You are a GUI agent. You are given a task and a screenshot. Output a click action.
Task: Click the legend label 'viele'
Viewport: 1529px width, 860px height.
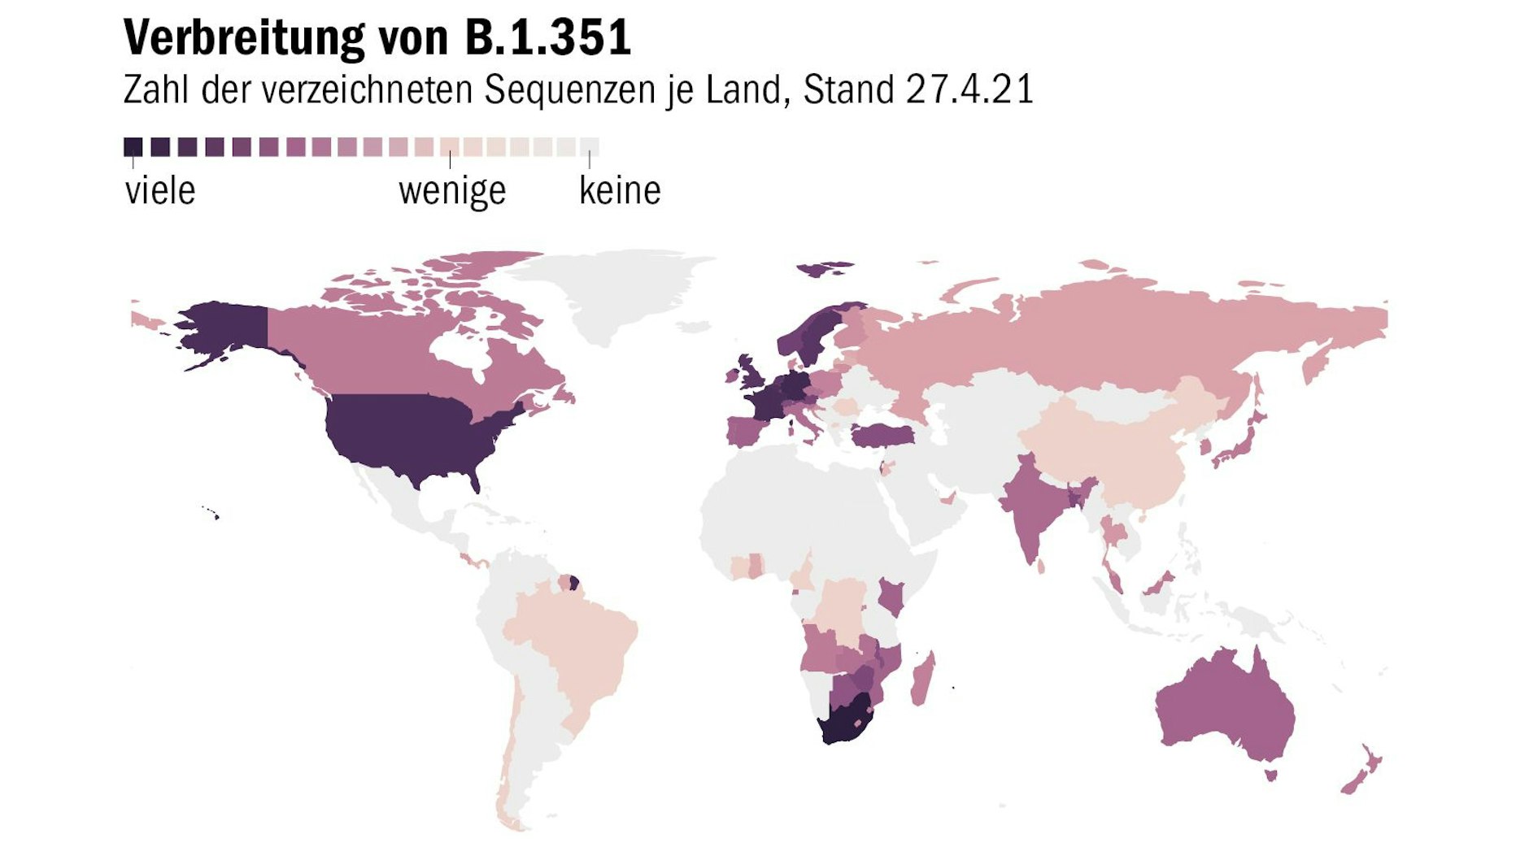point(160,191)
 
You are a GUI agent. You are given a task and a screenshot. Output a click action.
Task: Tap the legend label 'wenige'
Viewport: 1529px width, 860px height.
point(452,191)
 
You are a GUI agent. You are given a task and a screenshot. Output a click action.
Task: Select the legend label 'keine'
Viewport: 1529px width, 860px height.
point(620,191)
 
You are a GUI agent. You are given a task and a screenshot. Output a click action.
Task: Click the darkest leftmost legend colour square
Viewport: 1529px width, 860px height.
point(133,147)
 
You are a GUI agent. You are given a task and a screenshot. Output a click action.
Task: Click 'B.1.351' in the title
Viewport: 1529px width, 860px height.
point(548,38)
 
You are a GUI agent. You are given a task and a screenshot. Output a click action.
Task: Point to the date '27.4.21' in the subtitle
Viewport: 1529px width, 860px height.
point(969,89)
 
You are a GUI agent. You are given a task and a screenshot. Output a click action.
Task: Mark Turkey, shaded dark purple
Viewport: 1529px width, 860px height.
point(882,437)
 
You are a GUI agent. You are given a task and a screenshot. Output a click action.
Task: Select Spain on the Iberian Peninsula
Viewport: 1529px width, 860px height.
point(745,430)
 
